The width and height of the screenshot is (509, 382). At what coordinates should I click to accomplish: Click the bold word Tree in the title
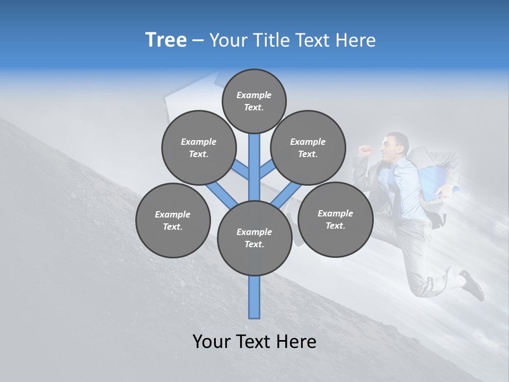[166, 40]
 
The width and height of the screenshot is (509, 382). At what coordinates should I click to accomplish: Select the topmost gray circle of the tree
[254, 101]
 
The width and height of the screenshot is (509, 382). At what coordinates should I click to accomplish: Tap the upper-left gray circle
[198, 147]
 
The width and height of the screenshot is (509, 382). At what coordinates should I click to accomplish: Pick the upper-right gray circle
[308, 147]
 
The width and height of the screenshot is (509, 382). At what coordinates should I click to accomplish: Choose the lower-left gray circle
[173, 220]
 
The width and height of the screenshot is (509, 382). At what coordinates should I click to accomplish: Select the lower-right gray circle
[335, 219]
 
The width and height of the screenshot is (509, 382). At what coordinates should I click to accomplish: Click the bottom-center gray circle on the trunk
[254, 238]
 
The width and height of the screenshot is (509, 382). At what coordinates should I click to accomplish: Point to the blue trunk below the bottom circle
[254, 297]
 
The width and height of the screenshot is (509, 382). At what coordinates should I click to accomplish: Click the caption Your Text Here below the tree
[254, 342]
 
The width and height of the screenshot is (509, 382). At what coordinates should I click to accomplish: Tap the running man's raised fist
[365, 150]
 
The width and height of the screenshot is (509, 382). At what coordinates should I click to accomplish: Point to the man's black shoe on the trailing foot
[473, 285]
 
